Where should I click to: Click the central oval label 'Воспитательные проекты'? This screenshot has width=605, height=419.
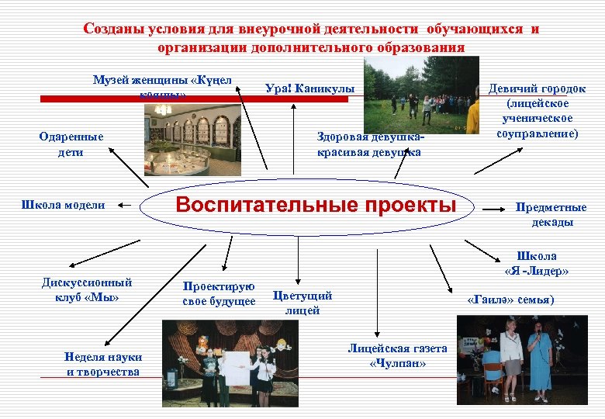(316, 206)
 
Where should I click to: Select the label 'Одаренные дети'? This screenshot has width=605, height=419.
(71, 144)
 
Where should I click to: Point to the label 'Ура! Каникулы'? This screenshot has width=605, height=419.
(309, 89)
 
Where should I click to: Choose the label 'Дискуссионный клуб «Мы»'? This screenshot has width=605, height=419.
(87, 289)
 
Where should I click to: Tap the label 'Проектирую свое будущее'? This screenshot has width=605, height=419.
(219, 293)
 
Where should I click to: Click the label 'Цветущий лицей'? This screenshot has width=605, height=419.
(302, 303)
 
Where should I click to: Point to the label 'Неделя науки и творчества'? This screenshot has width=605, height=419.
(103, 364)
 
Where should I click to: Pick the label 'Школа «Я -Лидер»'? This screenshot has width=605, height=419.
(536, 264)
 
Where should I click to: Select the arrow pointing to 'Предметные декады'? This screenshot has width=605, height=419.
(496, 208)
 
